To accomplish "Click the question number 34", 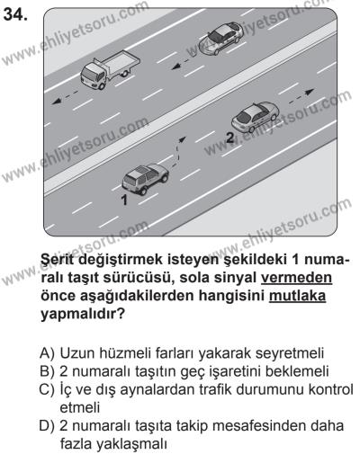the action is [x=15, y=14].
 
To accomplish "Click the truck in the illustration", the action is [x=109, y=69].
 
